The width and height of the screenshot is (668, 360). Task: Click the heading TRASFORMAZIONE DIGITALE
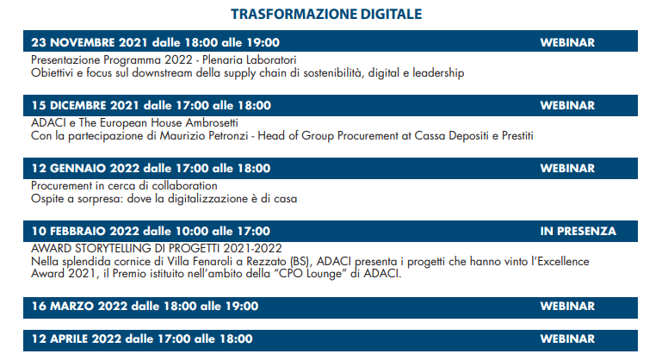tap(326, 14)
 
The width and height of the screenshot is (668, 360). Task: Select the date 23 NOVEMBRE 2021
tap(90, 42)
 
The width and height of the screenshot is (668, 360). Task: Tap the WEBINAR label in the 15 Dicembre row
tap(567, 106)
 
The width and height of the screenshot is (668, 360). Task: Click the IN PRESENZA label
tap(578, 232)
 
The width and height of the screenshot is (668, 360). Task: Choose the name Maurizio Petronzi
tap(204, 136)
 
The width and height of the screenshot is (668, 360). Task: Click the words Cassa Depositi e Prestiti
tap(473, 136)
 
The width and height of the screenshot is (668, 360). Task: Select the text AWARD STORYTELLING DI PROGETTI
tap(126, 248)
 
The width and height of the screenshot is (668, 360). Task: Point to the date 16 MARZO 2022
tap(79, 307)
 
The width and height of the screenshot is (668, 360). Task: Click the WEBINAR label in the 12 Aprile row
tap(567, 339)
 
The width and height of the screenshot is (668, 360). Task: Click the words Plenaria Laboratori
tap(250, 60)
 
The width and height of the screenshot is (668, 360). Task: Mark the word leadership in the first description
tap(438, 73)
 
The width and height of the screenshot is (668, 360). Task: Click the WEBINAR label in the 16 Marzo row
tap(567, 307)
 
